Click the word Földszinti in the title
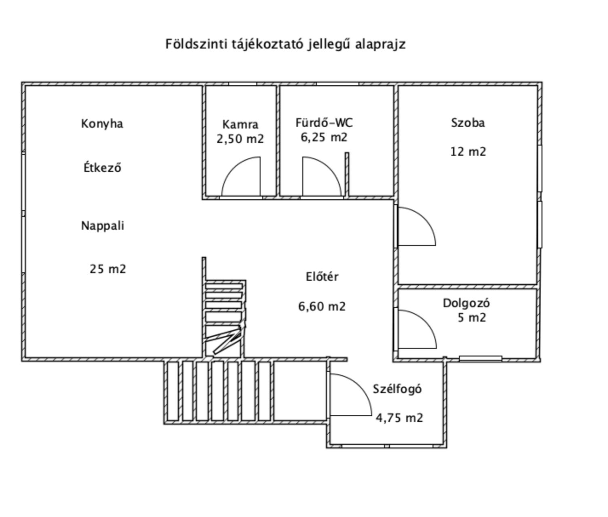tap(196, 44)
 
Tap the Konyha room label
tap(102, 124)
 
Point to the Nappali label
tap(102, 226)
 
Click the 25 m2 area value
tap(108, 269)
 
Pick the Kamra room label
tap(240, 125)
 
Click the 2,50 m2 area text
tap(240, 139)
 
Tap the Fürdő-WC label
tap(324, 122)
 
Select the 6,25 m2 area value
tap(324, 137)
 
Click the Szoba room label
tap(468, 122)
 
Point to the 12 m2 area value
tap(468, 151)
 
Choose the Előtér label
tap(322, 277)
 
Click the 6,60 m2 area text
tap(322, 307)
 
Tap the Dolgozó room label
tap(466, 303)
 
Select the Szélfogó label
tap(397, 389)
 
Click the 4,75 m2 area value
tap(399, 418)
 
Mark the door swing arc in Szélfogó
tap(360, 386)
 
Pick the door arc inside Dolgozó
tap(425, 322)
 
